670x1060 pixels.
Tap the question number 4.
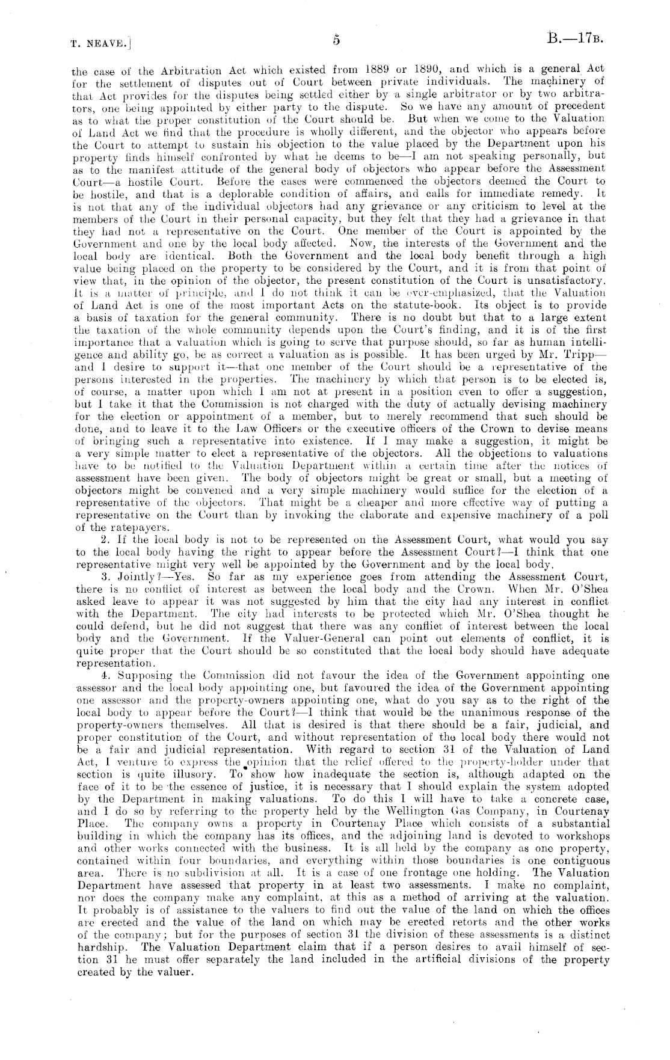101,675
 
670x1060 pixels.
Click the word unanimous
506,712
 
